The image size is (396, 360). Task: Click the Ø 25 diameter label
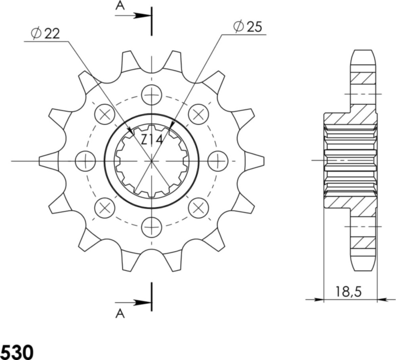pyautogui.click(x=247, y=27)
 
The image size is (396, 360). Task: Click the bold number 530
pyautogui.click(x=17, y=351)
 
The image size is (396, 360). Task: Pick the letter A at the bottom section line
pyautogui.click(x=120, y=314)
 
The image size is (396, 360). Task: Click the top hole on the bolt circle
pyautogui.click(x=152, y=95)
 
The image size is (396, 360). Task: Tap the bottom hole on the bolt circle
pyautogui.click(x=152, y=227)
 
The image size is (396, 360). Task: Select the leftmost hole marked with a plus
pyautogui.click(x=85, y=161)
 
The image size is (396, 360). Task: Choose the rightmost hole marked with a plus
pyautogui.click(x=218, y=161)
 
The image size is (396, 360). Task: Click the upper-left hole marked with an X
pyautogui.click(x=105, y=114)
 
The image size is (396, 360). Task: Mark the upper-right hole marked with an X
pyautogui.click(x=198, y=114)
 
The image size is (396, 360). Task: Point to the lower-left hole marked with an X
pyautogui.click(x=105, y=207)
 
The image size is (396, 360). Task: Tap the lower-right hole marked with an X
pyautogui.click(x=198, y=207)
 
